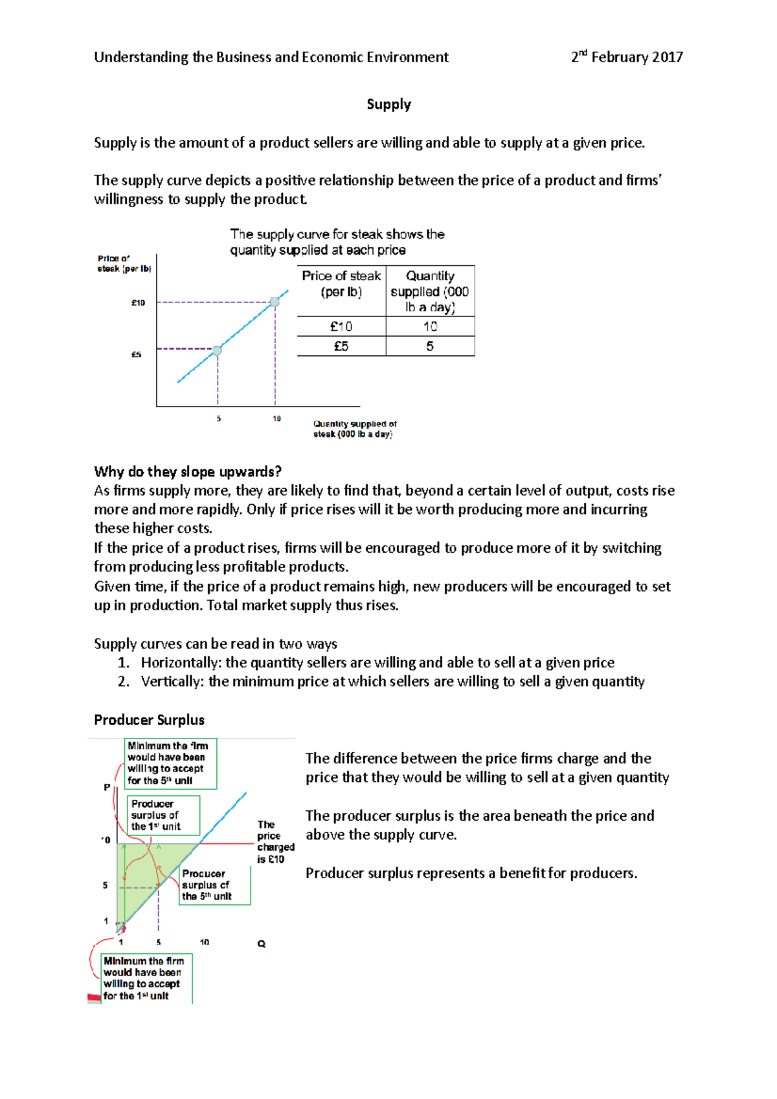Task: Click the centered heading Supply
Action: tap(388, 104)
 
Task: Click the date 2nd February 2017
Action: tap(626, 57)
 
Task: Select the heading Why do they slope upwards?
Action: tap(187, 471)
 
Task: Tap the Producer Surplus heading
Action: tap(149, 720)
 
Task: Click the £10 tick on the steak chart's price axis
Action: tap(139, 303)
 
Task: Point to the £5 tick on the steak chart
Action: tap(137, 355)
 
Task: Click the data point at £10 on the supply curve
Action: tap(275, 302)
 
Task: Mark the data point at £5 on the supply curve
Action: tap(218, 350)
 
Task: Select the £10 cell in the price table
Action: tap(341, 326)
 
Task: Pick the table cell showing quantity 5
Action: tap(430, 346)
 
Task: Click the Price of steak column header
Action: tap(341, 283)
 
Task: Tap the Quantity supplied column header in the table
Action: tap(430, 291)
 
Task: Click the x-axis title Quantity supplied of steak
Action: tap(355, 428)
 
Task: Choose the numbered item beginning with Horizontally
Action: tap(377, 662)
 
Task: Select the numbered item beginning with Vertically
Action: tap(392, 682)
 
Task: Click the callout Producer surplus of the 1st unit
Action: tap(163, 815)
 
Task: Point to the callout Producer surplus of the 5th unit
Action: tap(214, 885)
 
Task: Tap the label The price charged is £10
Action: tap(275, 841)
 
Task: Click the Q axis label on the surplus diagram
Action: tap(262, 944)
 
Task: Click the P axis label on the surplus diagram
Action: tap(107, 787)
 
